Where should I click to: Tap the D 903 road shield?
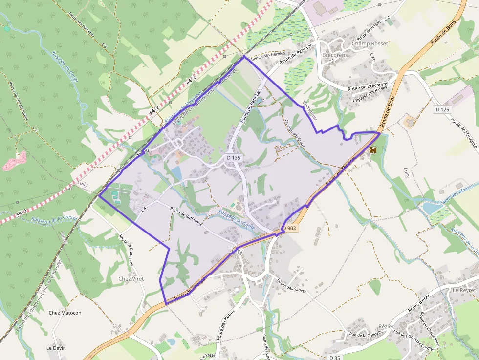pyautogui.click(x=289, y=228)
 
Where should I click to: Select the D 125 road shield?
pyautogui.click(x=442, y=109)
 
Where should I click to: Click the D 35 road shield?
pyautogui.click(x=335, y=358)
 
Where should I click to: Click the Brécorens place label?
pyautogui.click(x=335, y=55)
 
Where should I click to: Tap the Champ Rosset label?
pyautogui.click(x=370, y=43)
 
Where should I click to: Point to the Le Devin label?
pyautogui.click(x=56, y=348)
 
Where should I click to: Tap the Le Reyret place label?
pyautogui.click(x=464, y=290)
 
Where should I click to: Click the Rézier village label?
pyautogui.click(x=386, y=326)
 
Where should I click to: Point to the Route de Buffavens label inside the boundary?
pyautogui.click(x=186, y=216)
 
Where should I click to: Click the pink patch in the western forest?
pyautogui.click(x=14, y=161)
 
